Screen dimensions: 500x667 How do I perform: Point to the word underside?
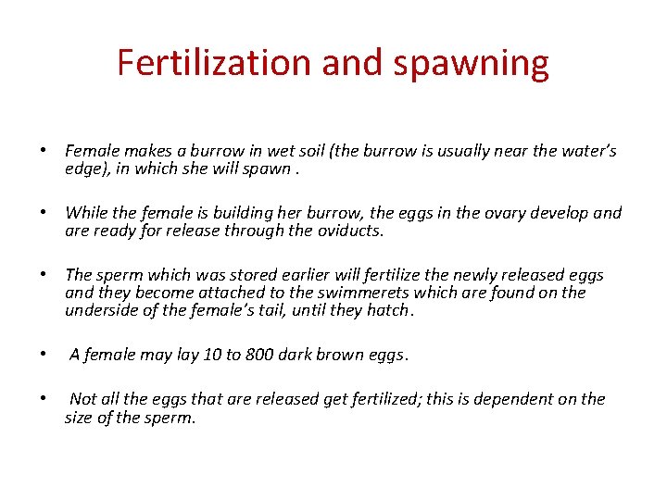coord(102,310)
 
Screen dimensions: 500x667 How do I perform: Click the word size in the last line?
coord(81,417)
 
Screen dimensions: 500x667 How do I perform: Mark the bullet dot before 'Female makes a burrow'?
coord(43,151)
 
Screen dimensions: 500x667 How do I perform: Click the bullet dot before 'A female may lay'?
coord(43,355)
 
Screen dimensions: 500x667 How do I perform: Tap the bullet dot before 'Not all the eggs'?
coord(43,399)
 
